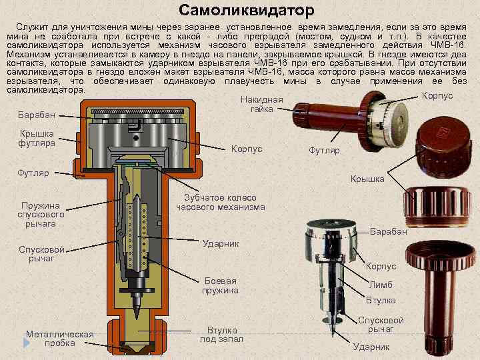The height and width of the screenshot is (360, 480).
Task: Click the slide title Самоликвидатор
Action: (x=246, y=11)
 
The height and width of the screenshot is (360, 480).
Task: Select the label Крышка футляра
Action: (x=37, y=138)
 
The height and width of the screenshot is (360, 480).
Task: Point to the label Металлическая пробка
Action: (x=60, y=339)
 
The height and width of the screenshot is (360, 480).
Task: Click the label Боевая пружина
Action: (x=220, y=285)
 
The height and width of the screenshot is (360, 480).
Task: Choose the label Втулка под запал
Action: (x=222, y=335)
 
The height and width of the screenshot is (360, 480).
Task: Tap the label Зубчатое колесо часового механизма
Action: (x=221, y=202)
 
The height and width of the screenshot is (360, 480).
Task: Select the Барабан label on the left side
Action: (x=36, y=115)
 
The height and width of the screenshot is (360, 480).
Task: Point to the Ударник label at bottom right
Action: (x=371, y=347)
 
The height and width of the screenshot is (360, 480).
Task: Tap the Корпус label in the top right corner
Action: (x=437, y=95)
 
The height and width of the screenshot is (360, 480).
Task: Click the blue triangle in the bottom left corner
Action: (x=26, y=342)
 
